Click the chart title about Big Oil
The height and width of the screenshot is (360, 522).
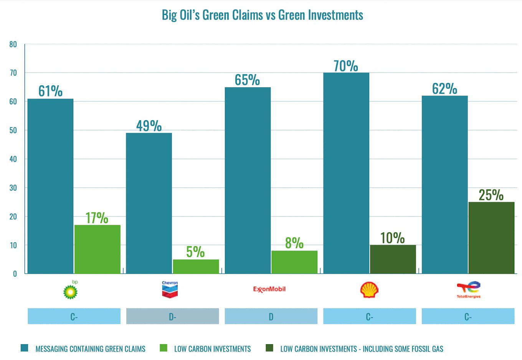(x=262, y=15)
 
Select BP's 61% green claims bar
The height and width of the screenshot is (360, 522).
(x=50, y=186)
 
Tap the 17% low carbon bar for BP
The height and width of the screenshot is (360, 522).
(x=97, y=249)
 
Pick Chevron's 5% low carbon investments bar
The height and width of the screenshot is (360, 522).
(x=196, y=266)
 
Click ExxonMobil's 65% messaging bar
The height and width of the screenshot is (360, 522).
(x=248, y=180)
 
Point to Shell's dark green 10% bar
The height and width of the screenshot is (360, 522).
(x=393, y=259)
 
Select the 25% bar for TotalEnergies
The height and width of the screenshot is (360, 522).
(x=491, y=238)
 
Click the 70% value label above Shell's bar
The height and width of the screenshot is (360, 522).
(x=346, y=66)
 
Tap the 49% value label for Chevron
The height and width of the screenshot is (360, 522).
(x=149, y=126)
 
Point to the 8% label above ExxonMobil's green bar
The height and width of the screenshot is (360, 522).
(x=294, y=243)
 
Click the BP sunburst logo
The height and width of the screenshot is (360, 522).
(x=71, y=291)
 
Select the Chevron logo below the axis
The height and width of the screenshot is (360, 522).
(x=170, y=289)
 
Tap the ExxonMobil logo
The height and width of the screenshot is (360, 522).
(x=269, y=289)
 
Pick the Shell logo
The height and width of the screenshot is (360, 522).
(x=369, y=290)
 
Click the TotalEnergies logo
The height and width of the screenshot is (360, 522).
(x=468, y=289)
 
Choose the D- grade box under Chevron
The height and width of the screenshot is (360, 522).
(x=172, y=316)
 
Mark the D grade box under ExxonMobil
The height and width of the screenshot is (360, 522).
(x=271, y=316)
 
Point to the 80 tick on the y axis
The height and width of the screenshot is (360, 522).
(x=13, y=44)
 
